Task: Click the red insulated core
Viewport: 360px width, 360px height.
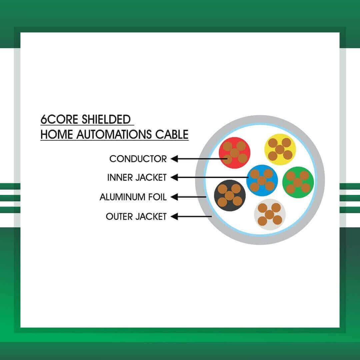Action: coord(234,153)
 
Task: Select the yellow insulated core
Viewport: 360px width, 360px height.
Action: coord(280,149)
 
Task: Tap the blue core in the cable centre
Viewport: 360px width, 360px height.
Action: coord(262,180)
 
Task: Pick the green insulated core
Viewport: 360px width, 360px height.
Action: coord(298,182)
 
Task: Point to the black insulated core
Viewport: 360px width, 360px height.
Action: coord(230,196)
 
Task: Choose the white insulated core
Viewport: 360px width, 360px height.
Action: coord(270,214)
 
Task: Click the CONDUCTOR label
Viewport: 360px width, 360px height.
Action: coord(138,159)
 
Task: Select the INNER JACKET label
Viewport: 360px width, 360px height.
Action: coord(137,177)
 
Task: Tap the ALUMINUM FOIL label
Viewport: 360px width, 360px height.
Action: coord(133,197)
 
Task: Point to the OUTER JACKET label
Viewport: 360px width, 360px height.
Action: coord(136,217)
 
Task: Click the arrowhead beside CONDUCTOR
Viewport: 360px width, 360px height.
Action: coord(174,159)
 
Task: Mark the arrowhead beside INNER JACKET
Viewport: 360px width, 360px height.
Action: coord(174,177)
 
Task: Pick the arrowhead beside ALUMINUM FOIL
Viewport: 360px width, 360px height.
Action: coord(174,197)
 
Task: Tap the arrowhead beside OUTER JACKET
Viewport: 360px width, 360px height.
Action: coord(174,216)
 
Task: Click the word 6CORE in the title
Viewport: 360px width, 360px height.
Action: coord(59,119)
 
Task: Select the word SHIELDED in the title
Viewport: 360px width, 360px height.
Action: coord(106,119)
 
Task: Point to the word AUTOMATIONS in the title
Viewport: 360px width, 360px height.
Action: coord(114,134)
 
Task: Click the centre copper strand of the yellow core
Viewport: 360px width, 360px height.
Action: coord(280,149)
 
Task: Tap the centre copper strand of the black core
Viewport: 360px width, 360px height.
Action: coord(230,196)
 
